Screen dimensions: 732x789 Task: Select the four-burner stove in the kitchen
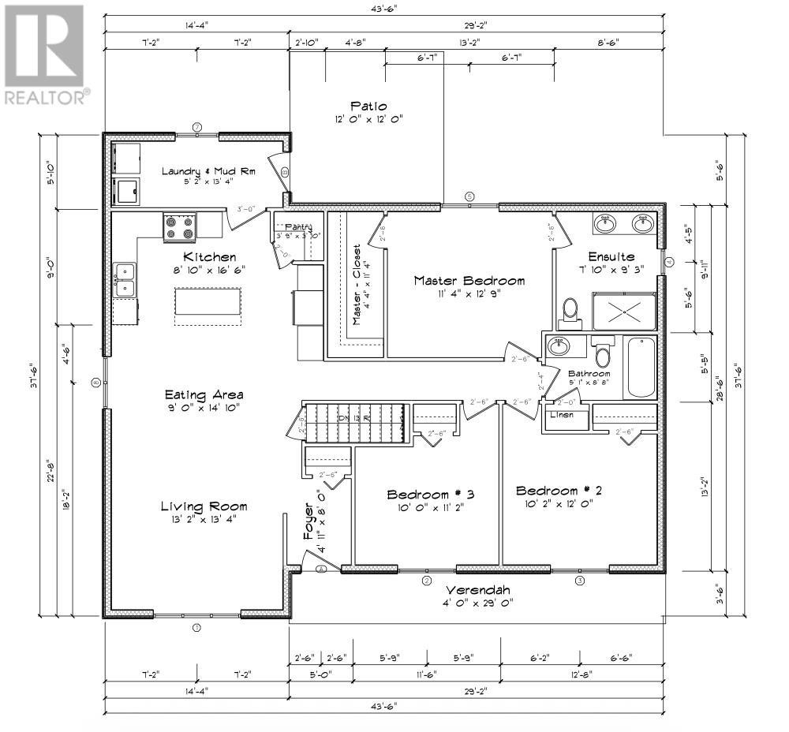coord(179,227)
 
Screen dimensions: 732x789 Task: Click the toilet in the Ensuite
coord(570,313)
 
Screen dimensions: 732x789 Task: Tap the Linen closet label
coord(562,414)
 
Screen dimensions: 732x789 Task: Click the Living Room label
coord(204,506)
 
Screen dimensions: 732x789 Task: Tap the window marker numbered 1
coord(197,629)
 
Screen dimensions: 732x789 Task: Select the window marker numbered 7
coord(197,126)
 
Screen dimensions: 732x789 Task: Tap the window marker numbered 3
coord(580,581)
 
